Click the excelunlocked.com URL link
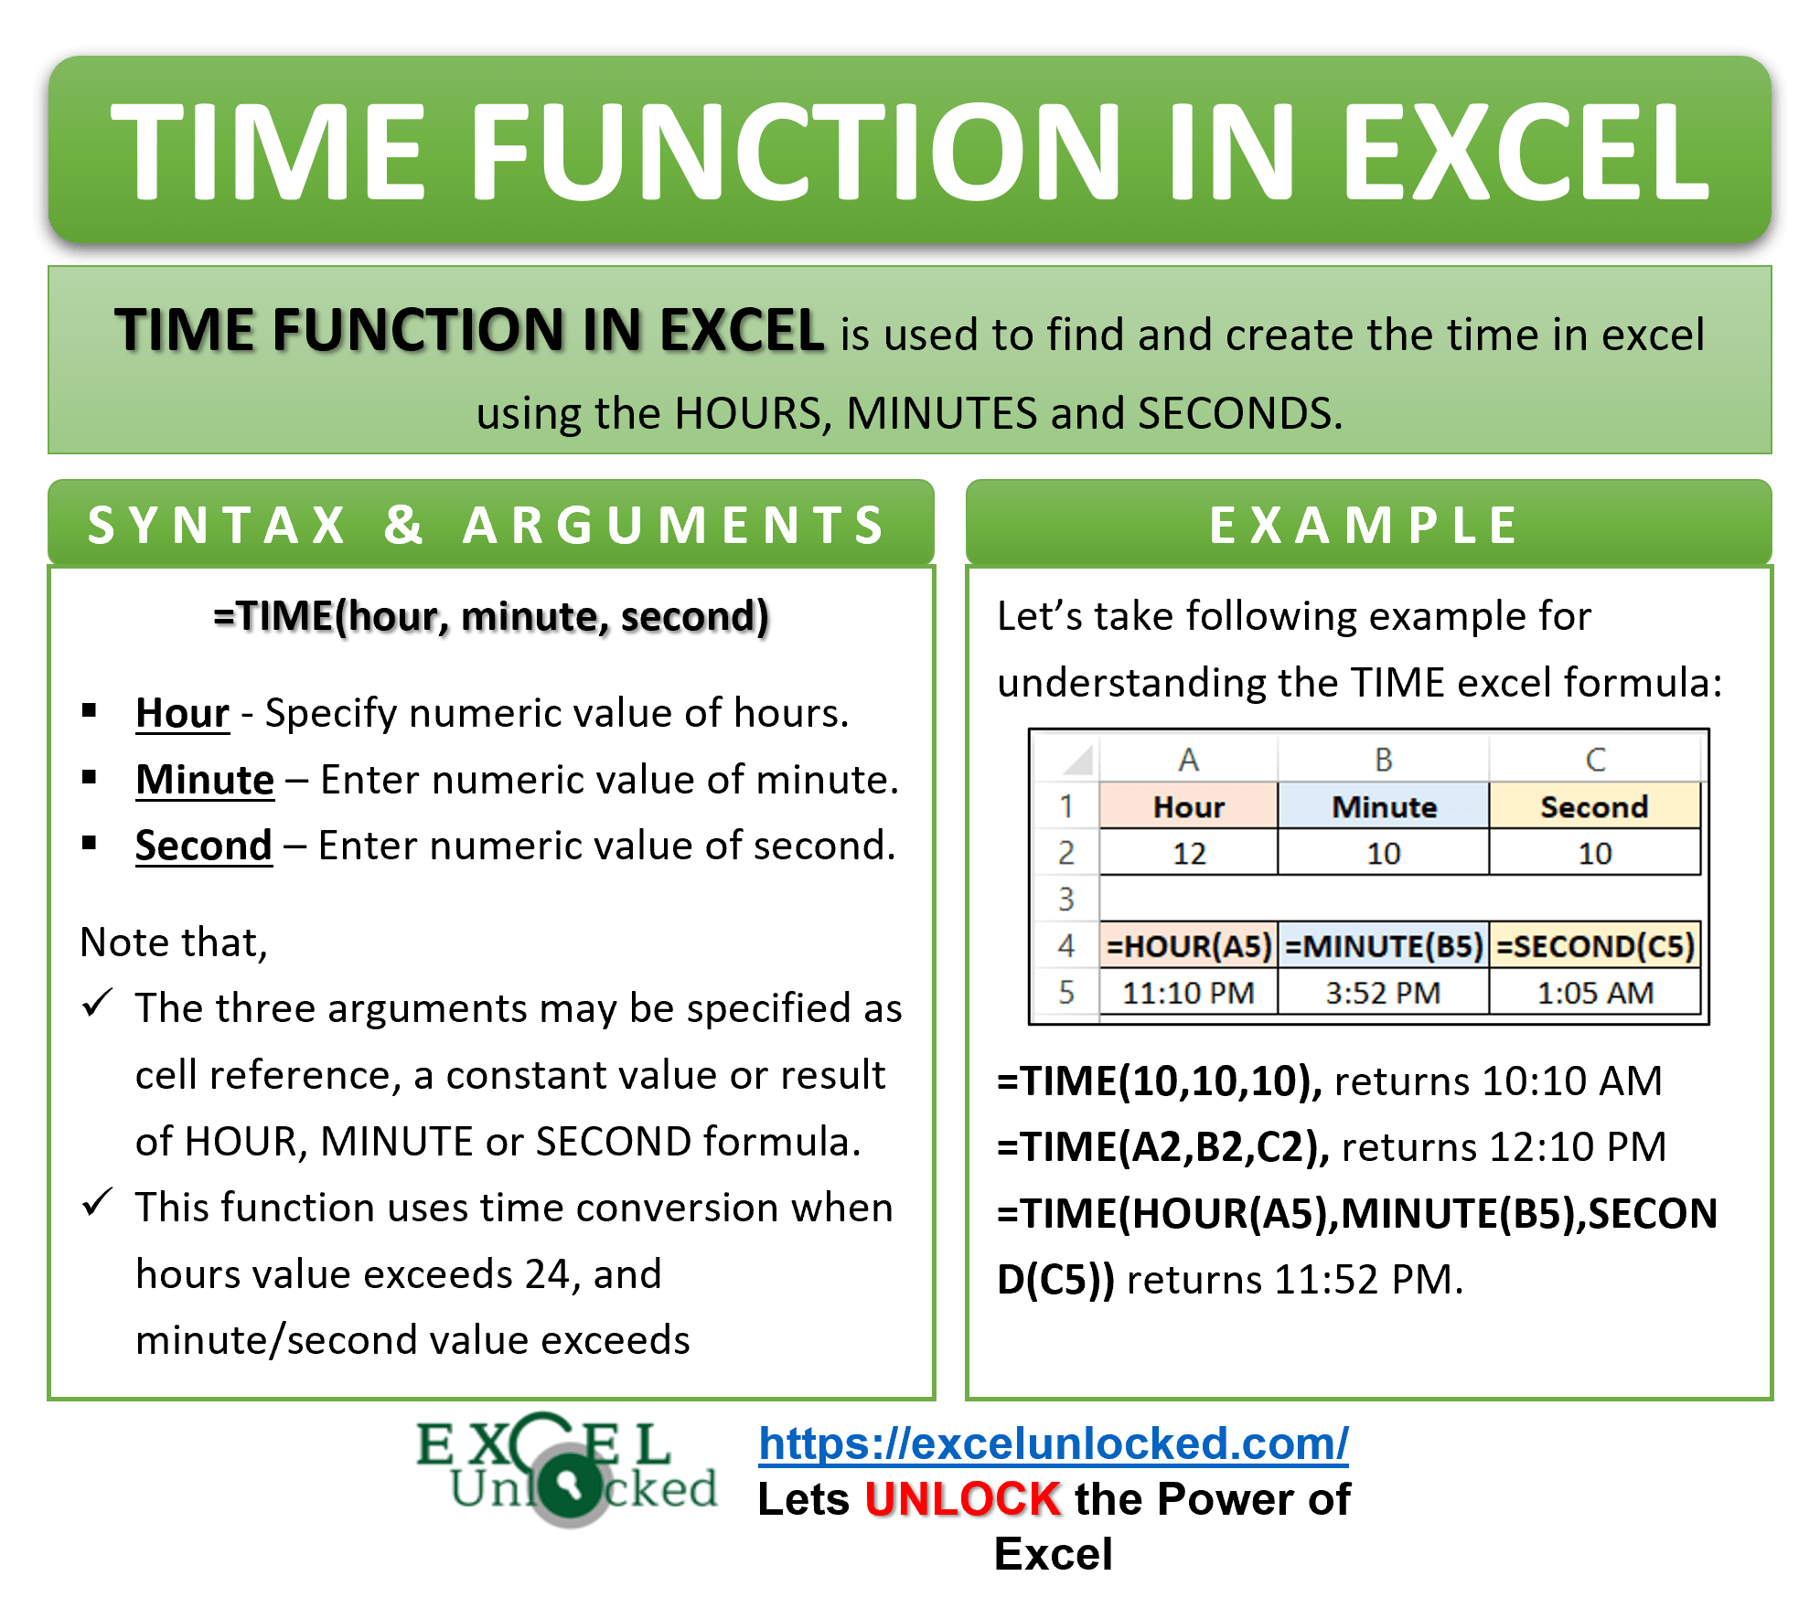(x=1053, y=1443)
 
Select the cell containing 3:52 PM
(x=1383, y=993)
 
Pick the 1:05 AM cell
(x=1595, y=993)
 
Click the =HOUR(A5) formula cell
(x=1188, y=946)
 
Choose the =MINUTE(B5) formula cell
(x=1383, y=946)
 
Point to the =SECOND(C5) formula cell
(x=1595, y=946)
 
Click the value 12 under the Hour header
(x=1188, y=854)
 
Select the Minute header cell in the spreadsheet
(x=1383, y=807)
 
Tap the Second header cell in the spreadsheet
(x=1594, y=807)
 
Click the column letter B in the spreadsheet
(x=1383, y=760)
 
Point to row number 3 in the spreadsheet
(x=1065, y=900)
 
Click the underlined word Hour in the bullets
(x=182, y=713)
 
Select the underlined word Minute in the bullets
(x=205, y=780)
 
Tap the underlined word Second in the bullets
(x=204, y=846)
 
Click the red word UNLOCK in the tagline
(x=963, y=1500)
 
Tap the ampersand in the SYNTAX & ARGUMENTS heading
(x=403, y=525)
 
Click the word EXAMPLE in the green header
(x=1365, y=526)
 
